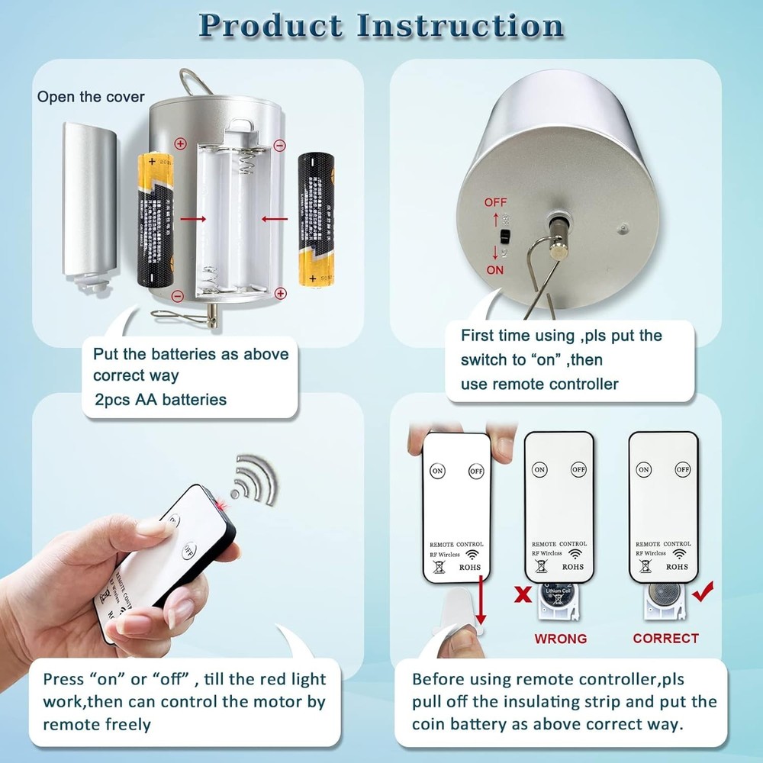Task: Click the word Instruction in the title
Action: (460, 26)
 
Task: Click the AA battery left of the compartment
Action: (157, 219)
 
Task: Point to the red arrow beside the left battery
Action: (194, 219)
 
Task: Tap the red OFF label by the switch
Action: (495, 203)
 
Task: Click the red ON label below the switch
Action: (495, 270)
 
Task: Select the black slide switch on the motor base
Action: (505, 237)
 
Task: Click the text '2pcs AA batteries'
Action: (159, 399)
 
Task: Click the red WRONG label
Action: (560, 638)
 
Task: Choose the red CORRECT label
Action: (665, 638)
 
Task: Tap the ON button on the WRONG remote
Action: (539, 469)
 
